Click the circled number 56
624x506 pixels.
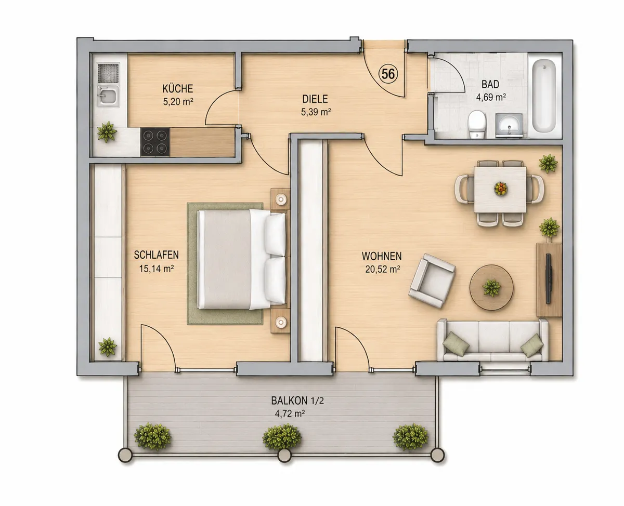pyautogui.click(x=388, y=74)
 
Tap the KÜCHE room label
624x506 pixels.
pyautogui.click(x=177, y=88)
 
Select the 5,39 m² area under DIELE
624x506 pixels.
pyautogui.click(x=316, y=112)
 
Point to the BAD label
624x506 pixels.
pyautogui.click(x=490, y=84)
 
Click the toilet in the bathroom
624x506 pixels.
pyautogui.click(x=477, y=124)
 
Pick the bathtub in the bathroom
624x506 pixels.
pyautogui.click(x=544, y=96)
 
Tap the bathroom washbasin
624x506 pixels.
pyautogui.click(x=509, y=126)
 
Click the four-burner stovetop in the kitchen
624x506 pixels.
pyautogui.click(x=155, y=142)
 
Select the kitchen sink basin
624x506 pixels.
pyautogui.click(x=108, y=96)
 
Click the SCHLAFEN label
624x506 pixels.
pyautogui.click(x=156, y=255)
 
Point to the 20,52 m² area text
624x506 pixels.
pyautogui.click(x=382, y=269)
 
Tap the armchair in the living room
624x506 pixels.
pyautogui.click(x=432, y=281)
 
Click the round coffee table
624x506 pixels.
pyautogui.click(x=491, y=287)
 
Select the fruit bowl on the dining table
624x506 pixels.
pyautogui.click(x=500, y=189)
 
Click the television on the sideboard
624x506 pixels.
pyautogui.click(x=549, y=278)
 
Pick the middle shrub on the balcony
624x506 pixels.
pyautogui.click(x=282, y=436)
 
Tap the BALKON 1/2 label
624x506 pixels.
pyautogui.click(x=297, y=401)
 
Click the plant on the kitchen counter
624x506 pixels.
pyautogui.click(x=107, y=132)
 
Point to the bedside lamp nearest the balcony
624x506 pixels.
pyautogui.click(x=281, y=322)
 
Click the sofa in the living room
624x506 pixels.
pyautogui.click(x=492, y=340)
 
